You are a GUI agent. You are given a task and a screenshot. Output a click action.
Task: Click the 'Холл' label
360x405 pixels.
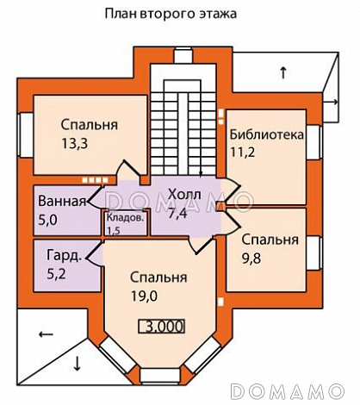coord(184,195)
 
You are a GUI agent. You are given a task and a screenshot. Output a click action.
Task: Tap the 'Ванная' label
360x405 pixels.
coord(62,202)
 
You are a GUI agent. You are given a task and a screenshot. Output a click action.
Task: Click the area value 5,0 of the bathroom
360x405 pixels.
coord(48,220)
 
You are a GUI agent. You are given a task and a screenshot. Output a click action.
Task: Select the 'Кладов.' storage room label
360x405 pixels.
coord(125,218)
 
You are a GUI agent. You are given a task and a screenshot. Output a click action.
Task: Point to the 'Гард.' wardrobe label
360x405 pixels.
coord(63,255)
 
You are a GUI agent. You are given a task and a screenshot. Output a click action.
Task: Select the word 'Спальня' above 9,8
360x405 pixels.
coord(270,240)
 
